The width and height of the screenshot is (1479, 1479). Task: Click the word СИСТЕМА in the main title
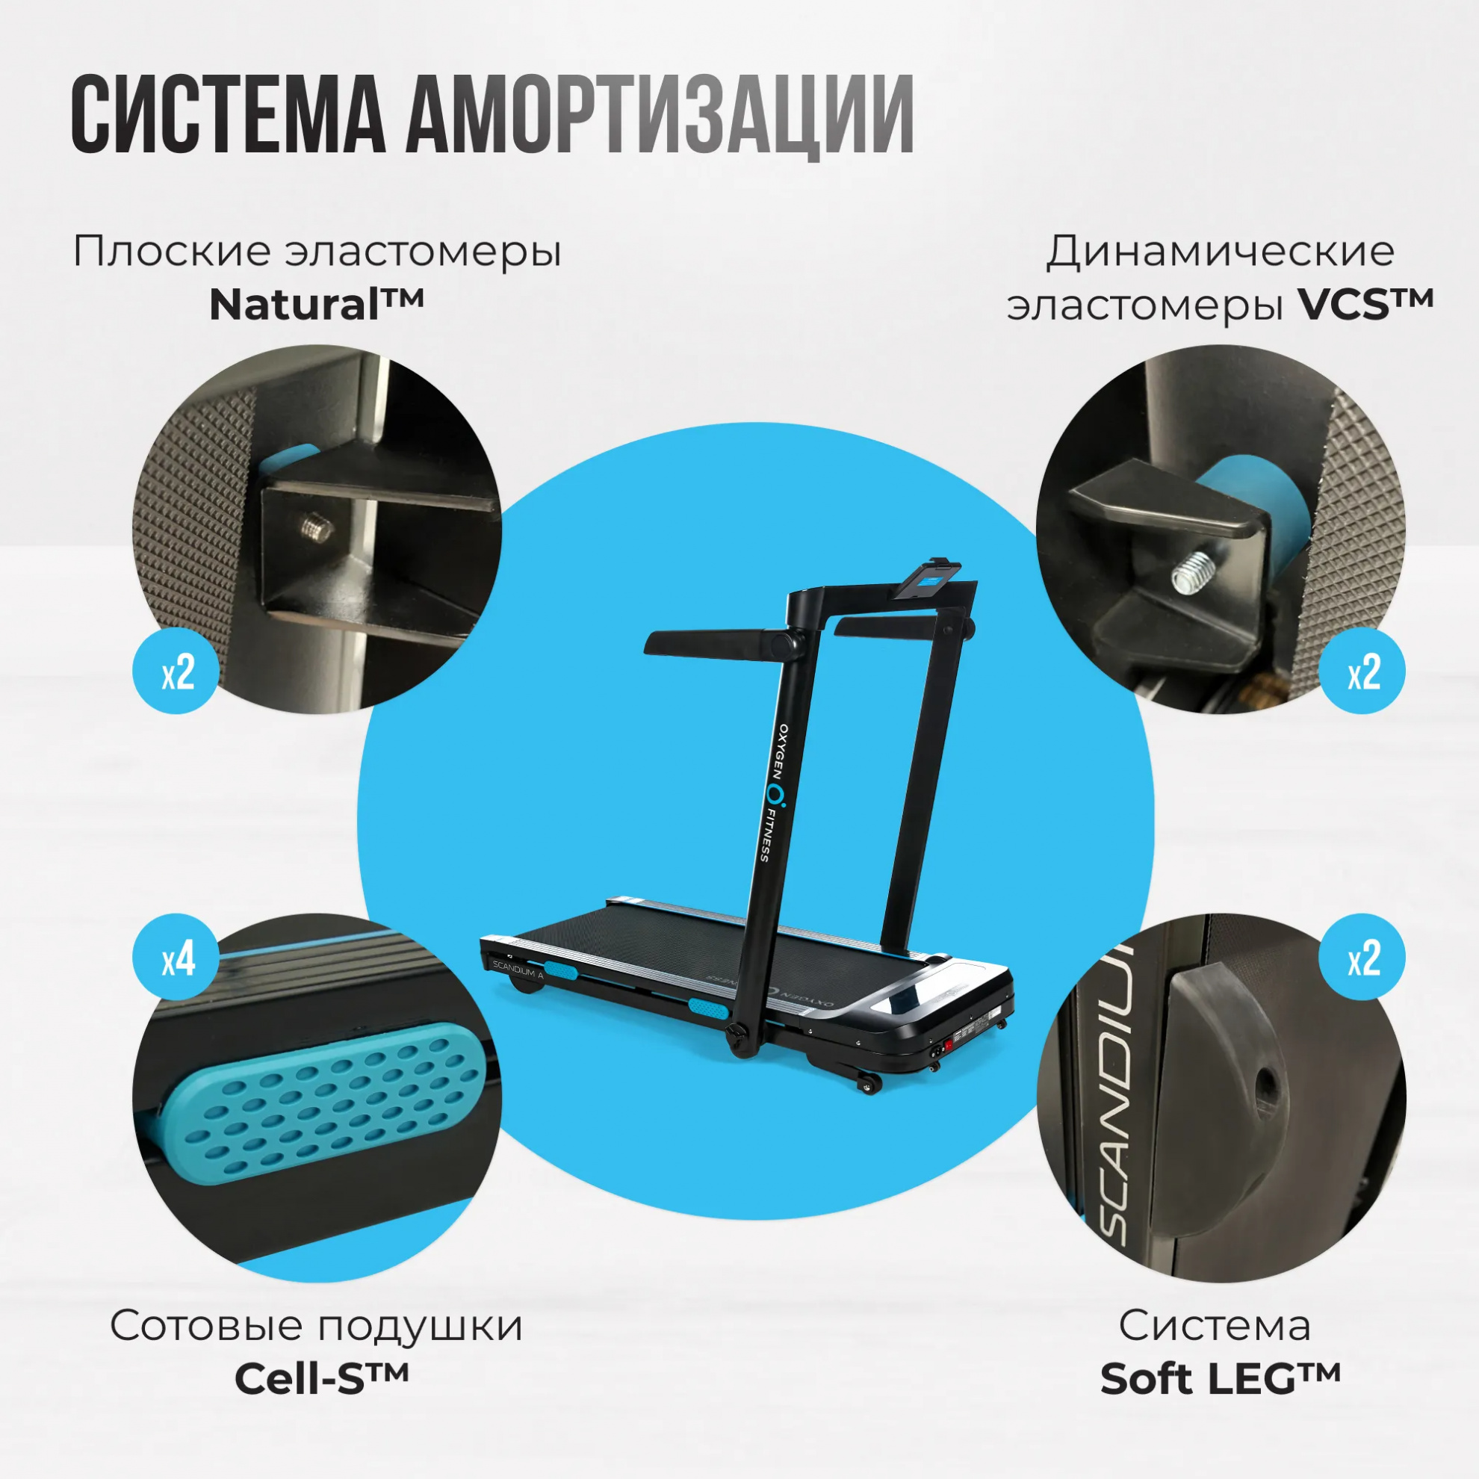pyautogui.click(x=228, y=114)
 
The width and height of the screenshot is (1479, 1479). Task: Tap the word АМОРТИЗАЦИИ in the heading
pyautogui.click(x=660, y=114)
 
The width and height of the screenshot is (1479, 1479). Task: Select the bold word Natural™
pyautogui.click(x=316, y=304)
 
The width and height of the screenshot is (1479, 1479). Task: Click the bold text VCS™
pyautogui.click(x=1365, y=304)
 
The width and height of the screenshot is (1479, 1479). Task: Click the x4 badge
pyautogui.click(x=177, y=958)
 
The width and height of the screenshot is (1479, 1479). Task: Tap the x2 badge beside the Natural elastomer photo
pyautogui.click(x=177, y=672)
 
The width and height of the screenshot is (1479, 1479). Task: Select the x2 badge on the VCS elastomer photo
pyautogui.click(x=1362, y=672)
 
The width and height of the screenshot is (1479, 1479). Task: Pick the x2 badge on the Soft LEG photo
pyautogui.click(x=1362, y=958)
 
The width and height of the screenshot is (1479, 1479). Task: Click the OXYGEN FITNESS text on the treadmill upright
pyautogui.click(x=774, y=793)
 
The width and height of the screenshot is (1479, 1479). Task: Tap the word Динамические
pyautogui.click(x=1221, y=251)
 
